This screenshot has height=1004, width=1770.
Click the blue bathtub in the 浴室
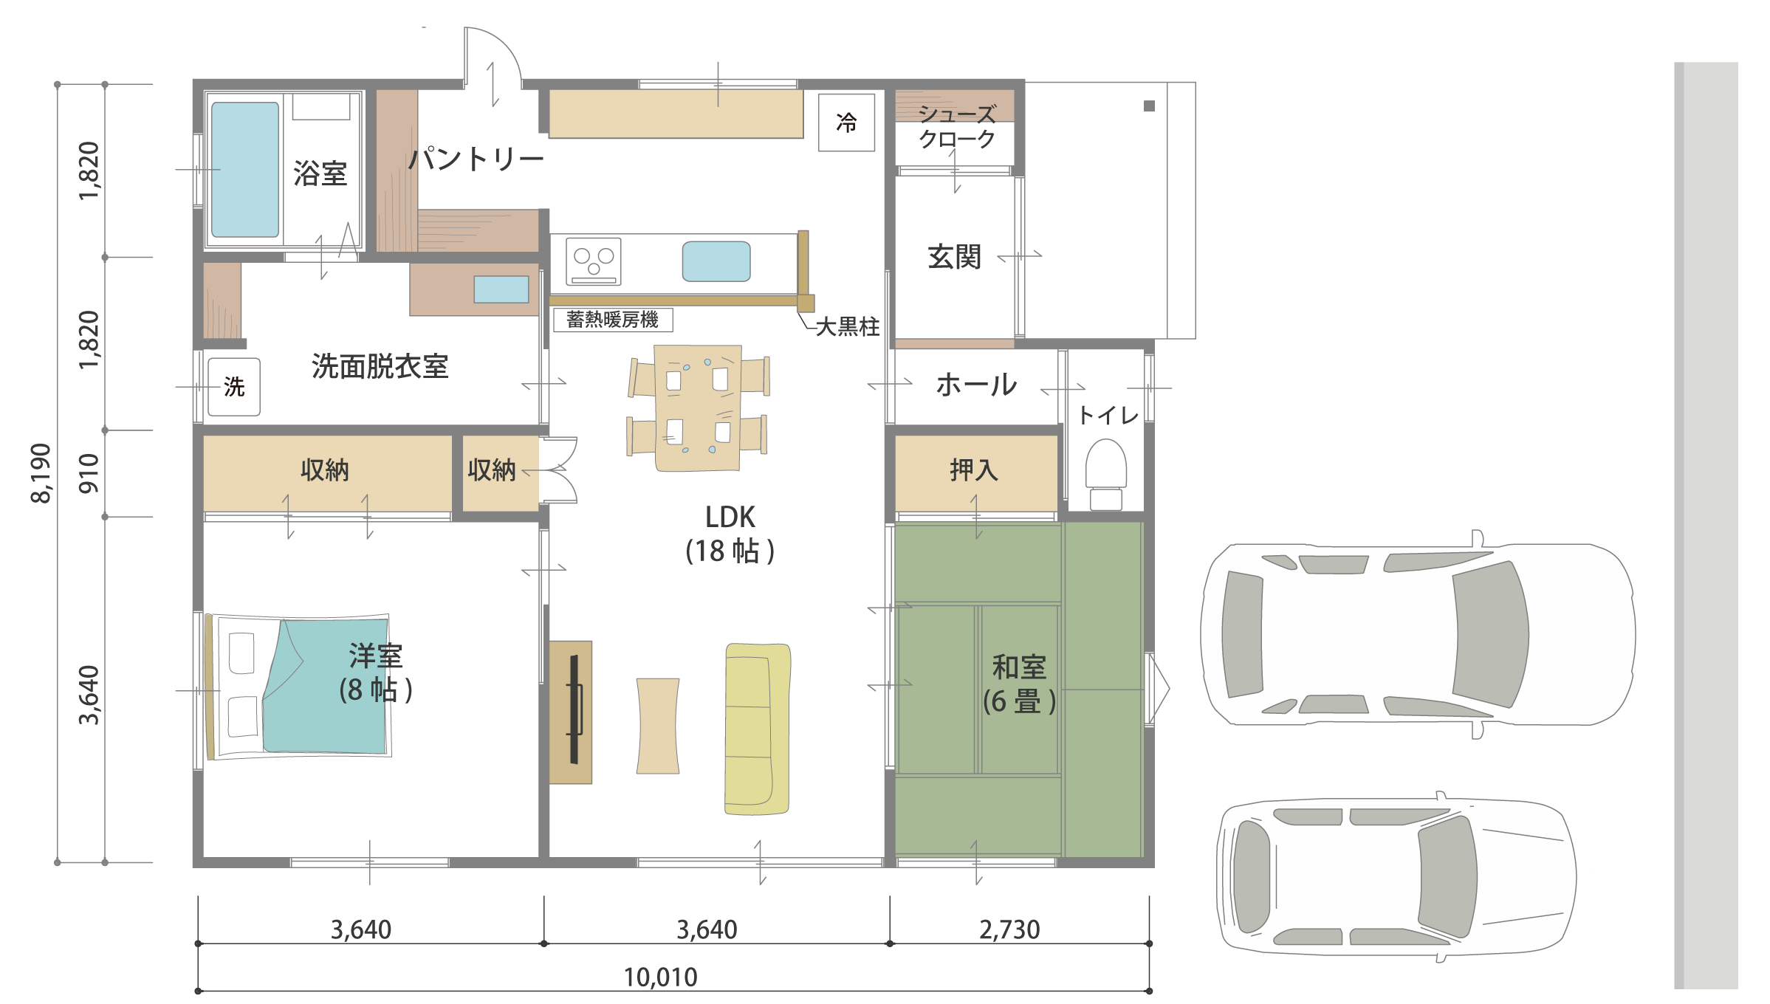coord(245,169)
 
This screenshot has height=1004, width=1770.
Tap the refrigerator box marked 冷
coord(846,123)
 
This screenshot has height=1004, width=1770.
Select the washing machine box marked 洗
coord(234,387)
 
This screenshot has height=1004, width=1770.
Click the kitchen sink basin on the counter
coord(716,261)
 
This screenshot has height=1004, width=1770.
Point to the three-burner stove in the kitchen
coord(594,261)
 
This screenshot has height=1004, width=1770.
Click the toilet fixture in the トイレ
coord(1106,474)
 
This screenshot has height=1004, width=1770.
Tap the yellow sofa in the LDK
coord(758,729)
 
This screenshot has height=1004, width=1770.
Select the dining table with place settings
coord(698,408)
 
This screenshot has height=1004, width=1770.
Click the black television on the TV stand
coord(574,709)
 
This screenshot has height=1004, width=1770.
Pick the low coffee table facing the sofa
coord(658,726)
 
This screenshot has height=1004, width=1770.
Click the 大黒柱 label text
coord(847,326)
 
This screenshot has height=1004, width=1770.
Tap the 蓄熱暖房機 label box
coord(613,320)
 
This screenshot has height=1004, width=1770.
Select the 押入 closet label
coord(974,470)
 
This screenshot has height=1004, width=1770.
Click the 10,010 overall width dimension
coord(660,977)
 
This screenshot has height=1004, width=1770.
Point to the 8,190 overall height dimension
coord(41,473)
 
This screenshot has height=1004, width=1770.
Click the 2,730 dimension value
coord(1009,929)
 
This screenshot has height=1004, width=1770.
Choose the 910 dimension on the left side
coord(89,473)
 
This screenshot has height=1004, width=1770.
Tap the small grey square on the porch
coord(1149,106)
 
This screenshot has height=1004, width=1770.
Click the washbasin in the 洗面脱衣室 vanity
coord(501,289)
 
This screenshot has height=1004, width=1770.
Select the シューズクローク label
coord(957,126)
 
